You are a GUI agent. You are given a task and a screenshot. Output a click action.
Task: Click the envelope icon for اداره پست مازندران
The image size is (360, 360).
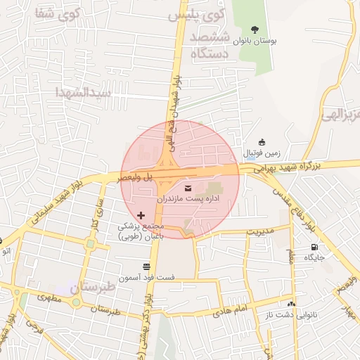[x=188, y=187]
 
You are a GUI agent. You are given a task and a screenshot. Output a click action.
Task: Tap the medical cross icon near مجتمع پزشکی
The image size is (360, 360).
[x=141, y=214]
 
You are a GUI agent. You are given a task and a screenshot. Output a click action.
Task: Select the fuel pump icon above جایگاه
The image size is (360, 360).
[x=314, y=247]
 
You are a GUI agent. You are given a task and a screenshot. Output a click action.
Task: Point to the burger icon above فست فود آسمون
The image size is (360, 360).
[x=146, y=266]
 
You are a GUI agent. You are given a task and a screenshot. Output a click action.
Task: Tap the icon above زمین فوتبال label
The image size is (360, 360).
[x=262, y=142]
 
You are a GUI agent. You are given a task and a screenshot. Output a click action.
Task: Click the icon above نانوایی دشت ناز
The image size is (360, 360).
[x=291, y=303]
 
